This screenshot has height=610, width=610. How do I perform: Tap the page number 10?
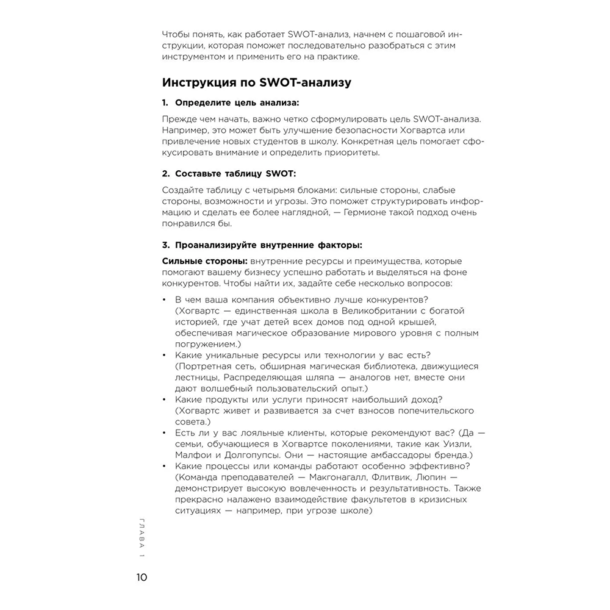point(141,577)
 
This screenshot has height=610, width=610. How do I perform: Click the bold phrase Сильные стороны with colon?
point(200,260)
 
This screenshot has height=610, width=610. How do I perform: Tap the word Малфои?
point(192,455)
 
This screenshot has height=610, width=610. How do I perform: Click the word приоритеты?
point(348,152)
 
